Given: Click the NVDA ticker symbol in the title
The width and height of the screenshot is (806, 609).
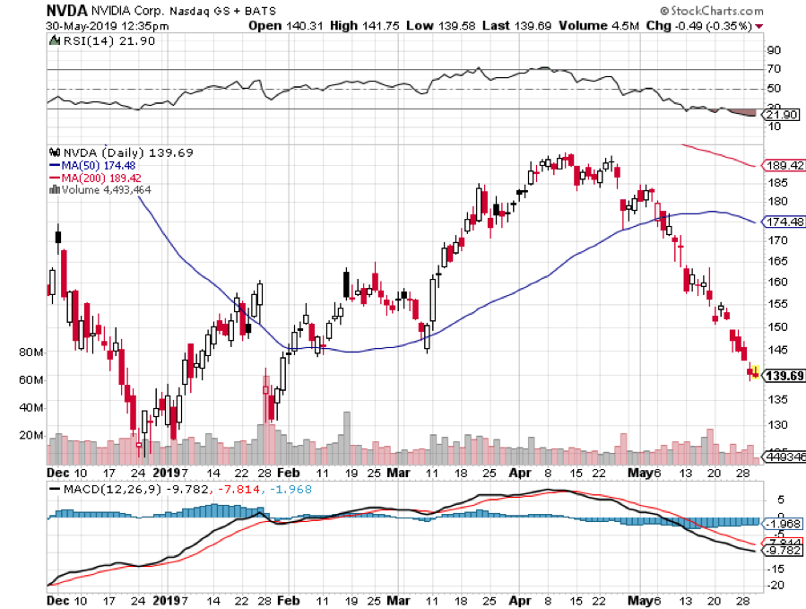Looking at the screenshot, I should point(65,11).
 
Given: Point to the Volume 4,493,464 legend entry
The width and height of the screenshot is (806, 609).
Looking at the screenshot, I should point(100,189).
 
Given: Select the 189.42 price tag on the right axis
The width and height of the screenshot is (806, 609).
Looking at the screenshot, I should point(784,166).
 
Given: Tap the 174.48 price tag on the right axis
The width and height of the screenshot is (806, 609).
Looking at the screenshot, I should point(784,221).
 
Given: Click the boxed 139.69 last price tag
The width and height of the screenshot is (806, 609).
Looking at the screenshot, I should point(784,375).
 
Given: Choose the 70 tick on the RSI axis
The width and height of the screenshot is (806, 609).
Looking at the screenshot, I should point(771,69).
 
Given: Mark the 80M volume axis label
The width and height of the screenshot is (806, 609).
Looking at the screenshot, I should point(32,352).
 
